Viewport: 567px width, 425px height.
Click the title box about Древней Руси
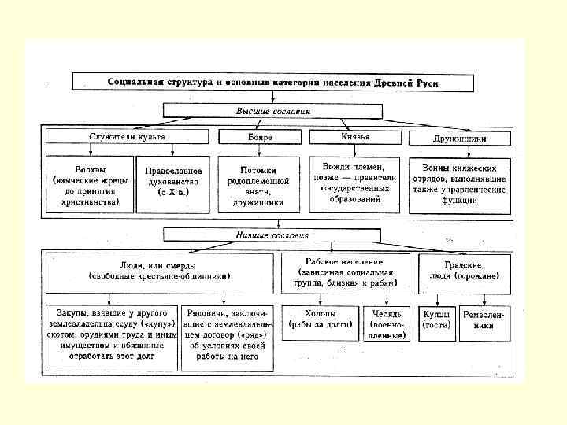pos(272,82)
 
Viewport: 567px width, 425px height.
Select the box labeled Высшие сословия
pos(273,111)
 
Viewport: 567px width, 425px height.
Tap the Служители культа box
pos(127,137)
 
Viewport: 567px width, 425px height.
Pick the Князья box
pos(355,137)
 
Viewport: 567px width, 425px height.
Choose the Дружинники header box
pos(460,138)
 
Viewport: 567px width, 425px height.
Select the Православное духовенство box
pos(174,186)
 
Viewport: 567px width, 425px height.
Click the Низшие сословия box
pos(272,235)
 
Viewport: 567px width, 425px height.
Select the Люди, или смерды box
pos(159,272)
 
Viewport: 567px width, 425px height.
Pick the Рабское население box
pos(346,272)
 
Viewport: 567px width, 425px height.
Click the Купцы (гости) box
pos(436,319)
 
